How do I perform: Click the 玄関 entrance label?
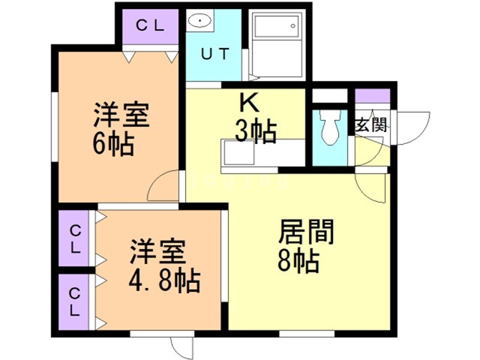371,124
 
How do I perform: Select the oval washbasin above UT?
199,22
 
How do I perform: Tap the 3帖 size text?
256,131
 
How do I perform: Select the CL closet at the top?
150,25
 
